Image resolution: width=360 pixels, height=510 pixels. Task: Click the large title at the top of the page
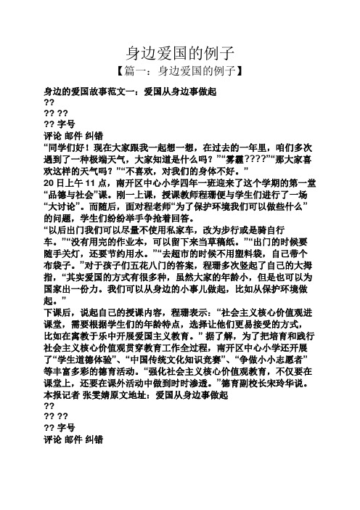pyautogui.click(x=179, y=52)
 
